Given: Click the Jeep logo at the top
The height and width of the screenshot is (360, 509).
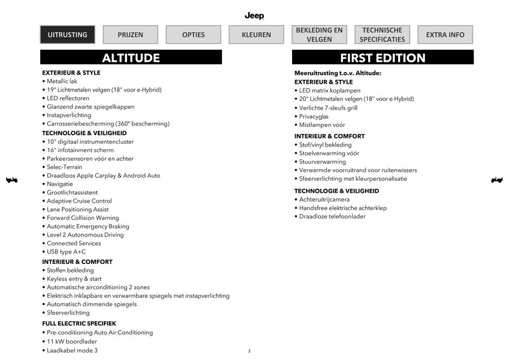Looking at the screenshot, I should point(254,16).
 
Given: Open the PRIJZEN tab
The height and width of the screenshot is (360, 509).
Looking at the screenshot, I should point(130,34).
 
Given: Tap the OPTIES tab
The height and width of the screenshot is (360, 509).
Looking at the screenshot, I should point(193,34).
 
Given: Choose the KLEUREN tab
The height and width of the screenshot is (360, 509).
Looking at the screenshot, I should point(256,34).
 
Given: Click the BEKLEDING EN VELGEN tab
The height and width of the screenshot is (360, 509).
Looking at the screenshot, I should point(319,34).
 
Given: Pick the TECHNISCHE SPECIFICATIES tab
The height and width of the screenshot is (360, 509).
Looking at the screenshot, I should point(382,34).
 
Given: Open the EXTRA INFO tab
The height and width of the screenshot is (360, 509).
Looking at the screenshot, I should point(445,34).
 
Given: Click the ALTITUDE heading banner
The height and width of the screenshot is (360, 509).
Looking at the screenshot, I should point(131,58).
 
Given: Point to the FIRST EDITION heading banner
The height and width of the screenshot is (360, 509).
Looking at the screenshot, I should point(383,58).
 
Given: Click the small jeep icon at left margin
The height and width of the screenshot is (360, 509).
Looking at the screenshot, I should point(11,179).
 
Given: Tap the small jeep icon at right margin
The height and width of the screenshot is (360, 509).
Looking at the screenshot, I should point(497,179).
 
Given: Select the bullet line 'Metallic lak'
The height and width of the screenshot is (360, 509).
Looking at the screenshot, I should point(62,81).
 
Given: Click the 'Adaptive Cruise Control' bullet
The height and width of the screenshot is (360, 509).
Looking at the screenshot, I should point(79,201).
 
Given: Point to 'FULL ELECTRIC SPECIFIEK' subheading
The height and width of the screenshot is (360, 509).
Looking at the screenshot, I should point(79,323).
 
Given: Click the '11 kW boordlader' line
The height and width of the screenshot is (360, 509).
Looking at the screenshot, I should point(71,341).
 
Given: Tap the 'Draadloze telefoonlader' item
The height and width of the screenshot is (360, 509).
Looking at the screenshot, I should point(332,217).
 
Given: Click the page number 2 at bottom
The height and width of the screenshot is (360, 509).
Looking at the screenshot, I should point(249,351).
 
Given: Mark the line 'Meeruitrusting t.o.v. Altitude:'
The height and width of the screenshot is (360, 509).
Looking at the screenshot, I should point(338,73).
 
